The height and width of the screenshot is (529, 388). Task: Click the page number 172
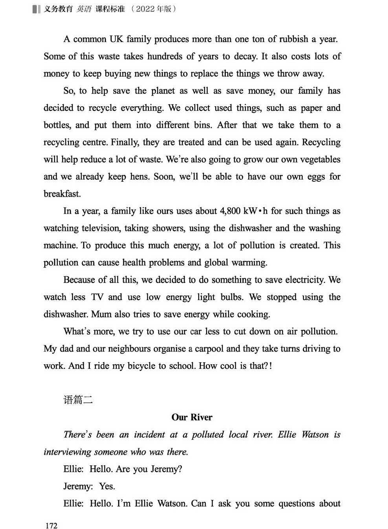(x=51, y=525)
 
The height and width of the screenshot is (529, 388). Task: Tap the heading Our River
(x=192, y=417)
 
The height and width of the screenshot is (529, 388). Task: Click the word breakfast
(x=62, y=194)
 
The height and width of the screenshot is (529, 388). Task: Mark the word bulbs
(x=232, y=297)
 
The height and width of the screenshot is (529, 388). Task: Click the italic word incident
(x=149, y=435)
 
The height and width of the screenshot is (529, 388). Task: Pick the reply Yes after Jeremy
(x=107, y=486)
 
